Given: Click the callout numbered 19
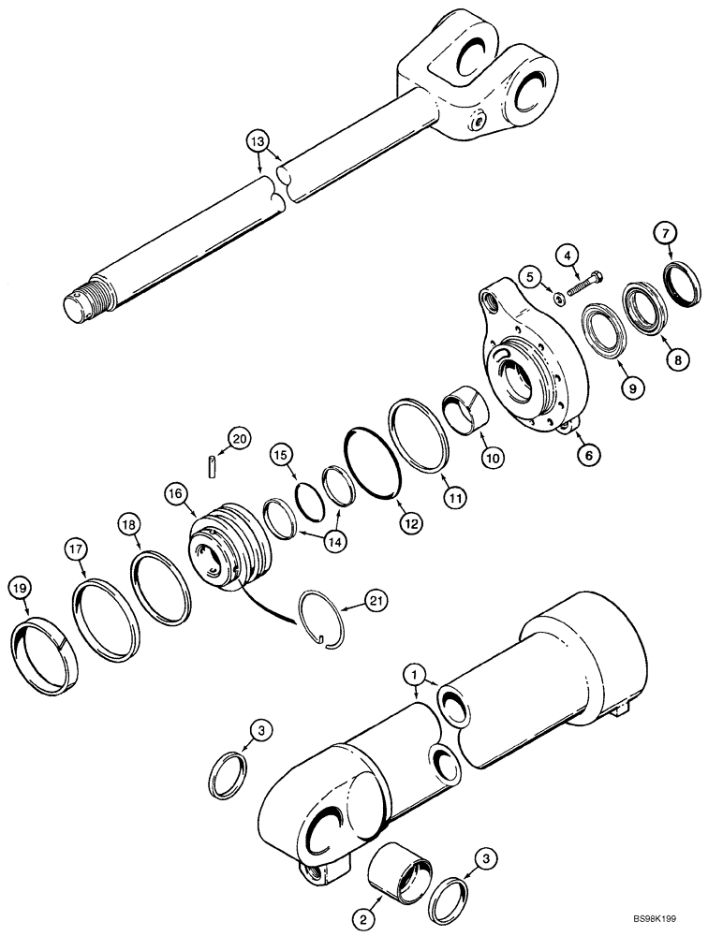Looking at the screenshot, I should [20, 587].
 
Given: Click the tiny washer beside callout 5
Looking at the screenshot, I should [556, 300].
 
